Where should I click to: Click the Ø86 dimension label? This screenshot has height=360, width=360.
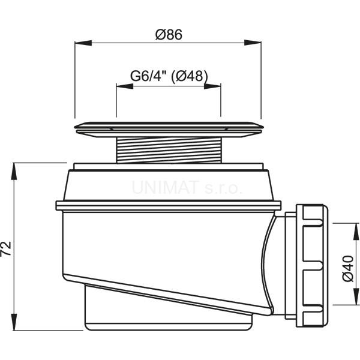pyautogui.click(x=169, y=35)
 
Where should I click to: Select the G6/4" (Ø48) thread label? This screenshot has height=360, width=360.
pyautogui.click(x=169, y=76)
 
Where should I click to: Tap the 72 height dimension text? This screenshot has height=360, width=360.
pyautogui.click(x=6, y=248)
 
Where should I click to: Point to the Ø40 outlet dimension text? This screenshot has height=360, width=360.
pyautogui.click(x=347, y=268)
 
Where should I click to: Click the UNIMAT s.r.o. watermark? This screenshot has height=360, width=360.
pyautogui.click(x=187, y=188)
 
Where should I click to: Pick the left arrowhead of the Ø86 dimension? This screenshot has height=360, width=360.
pyautogui.click(x=83, y=43)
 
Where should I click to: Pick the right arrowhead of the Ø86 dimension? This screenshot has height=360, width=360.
pyautogui.click(x=253, y=43)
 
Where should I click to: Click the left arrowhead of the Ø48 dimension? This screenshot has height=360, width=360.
pyautogui.click(x=125, y=86)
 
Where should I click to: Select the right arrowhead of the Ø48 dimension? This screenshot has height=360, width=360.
pyautogui.click(x=212, y=86)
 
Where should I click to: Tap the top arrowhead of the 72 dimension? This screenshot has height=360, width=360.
pyautogui.click(x=14, y=171)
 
